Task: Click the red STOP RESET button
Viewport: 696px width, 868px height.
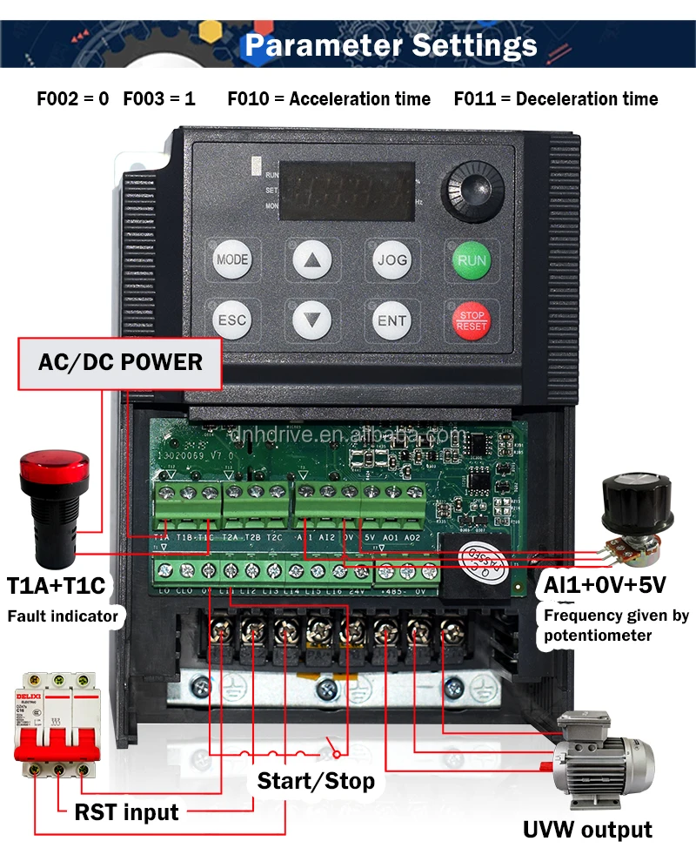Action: click(x=472, y=320)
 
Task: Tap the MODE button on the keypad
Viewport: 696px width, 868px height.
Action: click(x=232, y=259)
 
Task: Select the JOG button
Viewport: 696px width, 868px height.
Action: click(x=391, y=259)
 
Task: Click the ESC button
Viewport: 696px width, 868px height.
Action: click(x=232, y=320)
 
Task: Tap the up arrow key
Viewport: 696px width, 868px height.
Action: click(x=312, y=259)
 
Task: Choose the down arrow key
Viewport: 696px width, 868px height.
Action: click(x=312, y=320)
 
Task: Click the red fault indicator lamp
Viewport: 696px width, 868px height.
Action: click(x=53, y=504)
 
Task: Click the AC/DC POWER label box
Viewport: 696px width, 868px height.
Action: click(x=120, y=362)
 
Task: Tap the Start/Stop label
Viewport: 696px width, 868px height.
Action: click(x=316, y=781)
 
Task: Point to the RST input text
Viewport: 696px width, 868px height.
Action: click(x=126, y=812)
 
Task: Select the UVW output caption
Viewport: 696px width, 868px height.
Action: click(x=587, y=829)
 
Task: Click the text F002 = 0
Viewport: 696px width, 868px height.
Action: click(x=72, y=99)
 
